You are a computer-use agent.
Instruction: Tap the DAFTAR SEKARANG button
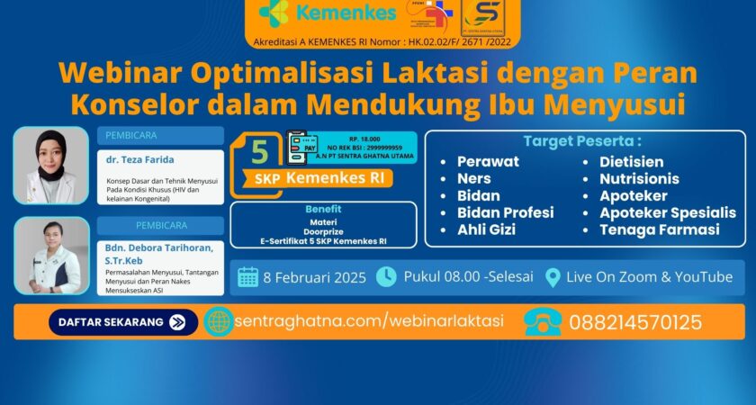(x=122, y=321)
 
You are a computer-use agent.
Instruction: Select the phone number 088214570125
(x=636, y=321)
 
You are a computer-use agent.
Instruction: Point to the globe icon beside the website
(x=218, y=321)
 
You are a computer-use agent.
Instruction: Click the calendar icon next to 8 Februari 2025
(x=248, y=277)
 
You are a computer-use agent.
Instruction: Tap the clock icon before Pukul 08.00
(x=385, y=276)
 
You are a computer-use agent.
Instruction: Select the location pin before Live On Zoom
(x=553, y=277)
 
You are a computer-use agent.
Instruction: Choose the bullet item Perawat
(x=487, y=162)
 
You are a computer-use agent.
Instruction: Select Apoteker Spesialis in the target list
(x=668, y=213)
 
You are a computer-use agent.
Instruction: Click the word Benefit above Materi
(x=323, y=208)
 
